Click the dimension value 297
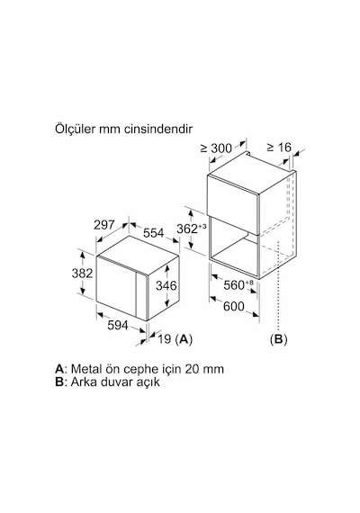click(104, 225)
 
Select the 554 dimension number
click(154, 232)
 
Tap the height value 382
click(82, 273)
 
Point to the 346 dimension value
click(166, 285)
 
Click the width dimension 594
click(118, 325)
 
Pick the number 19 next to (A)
click(165, 339)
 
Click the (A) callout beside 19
click(184, 339)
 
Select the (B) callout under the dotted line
click(278, 339)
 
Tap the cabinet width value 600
click(234, 306)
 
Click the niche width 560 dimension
click(234, 285)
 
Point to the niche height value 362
click(187, 229)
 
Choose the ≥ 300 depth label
click(216, 148)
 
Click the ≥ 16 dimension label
click(279, 148)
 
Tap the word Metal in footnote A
click(85, 369)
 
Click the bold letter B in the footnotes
click(58, 382)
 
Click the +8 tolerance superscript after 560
click(249, 282)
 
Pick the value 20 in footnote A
click(191, 369)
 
